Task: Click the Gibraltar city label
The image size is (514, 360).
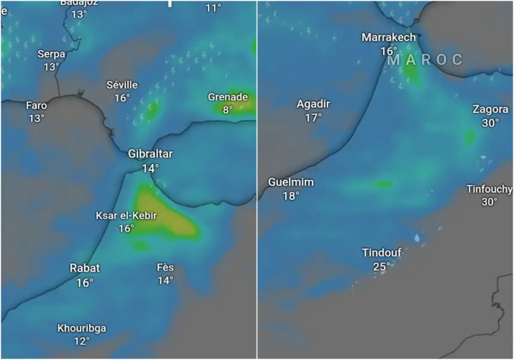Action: point(150,154)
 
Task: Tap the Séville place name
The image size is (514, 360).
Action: point(122,85)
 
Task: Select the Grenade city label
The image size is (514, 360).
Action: point(228,97)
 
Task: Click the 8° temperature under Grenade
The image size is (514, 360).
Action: point(228,110)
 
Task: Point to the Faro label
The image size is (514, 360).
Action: point(36,106)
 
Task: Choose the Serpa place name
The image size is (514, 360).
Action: point(51,54)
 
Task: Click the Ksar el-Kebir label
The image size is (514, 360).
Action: point(126,216)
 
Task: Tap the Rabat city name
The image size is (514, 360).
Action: point(84,269)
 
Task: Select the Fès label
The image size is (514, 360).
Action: point(165,267)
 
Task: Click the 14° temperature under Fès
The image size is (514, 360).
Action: point(165,280)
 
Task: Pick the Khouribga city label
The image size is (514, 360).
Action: point(82,328)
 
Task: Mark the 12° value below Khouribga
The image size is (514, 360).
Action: point(82,341)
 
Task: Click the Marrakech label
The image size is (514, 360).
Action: point(388,38)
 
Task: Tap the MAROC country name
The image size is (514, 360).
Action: point(425,60)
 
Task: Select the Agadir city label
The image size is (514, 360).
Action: point(313,104)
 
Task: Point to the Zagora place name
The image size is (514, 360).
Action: point(490,109)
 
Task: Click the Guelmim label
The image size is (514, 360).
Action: point(291,182)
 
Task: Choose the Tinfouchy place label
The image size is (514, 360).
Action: point(489,189)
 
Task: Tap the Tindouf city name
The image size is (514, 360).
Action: point(381,253)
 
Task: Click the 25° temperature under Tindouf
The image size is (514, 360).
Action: point(381,266)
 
